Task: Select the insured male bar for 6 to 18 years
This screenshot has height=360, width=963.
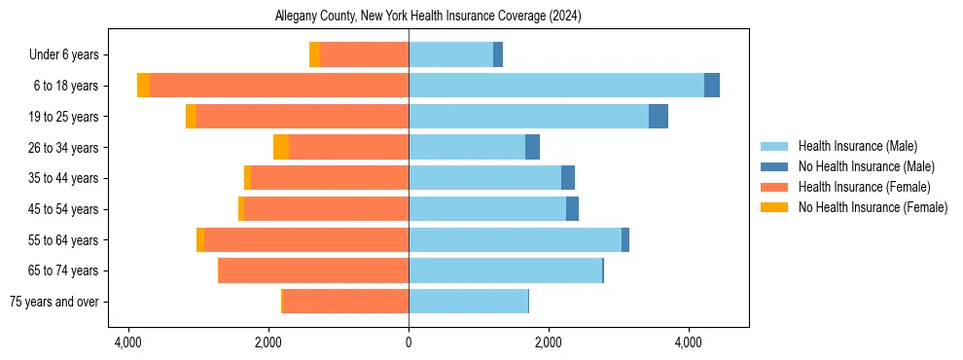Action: click(x=555, y=86)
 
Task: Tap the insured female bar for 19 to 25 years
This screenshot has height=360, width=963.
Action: click(x=302, y=117)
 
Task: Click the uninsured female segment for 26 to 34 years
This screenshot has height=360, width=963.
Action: click(x=280, y=147)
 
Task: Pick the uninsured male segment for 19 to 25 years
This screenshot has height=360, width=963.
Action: click(x=659, y=117)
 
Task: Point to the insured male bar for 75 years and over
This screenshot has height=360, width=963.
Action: click(x=468, y=302)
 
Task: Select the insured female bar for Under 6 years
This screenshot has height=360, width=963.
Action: click(x=364, y=55)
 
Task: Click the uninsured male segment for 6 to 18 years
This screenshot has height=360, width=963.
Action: click(x=712, y=86)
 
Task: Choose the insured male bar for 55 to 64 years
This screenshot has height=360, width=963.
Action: click(x=515, y=239)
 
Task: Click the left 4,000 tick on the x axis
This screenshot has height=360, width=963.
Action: click(x=128, y=342)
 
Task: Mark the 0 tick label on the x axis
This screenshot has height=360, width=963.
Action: click(x=409, y=342)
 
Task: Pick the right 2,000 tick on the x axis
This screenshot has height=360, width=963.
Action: click(x=549, y=342)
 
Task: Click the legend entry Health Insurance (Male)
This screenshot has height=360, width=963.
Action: click(x=857, y=146)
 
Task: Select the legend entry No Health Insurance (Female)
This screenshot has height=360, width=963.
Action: click(x=873, y=207)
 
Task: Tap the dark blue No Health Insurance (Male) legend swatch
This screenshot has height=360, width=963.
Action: click(x=774, y=166)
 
